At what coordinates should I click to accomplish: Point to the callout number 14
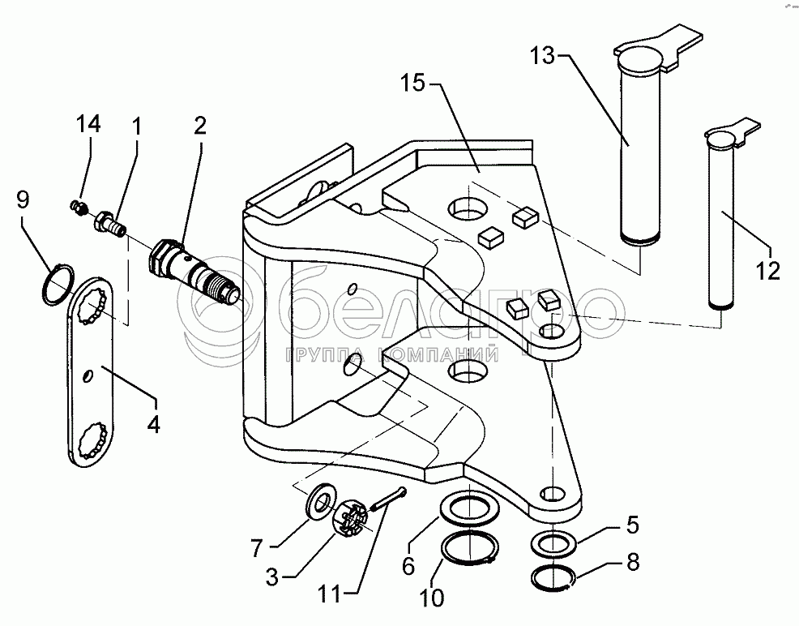click(x=88, y=125)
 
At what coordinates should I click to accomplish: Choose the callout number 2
click(x=199, y=126)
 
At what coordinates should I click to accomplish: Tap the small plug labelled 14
click(x=79, y=208)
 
